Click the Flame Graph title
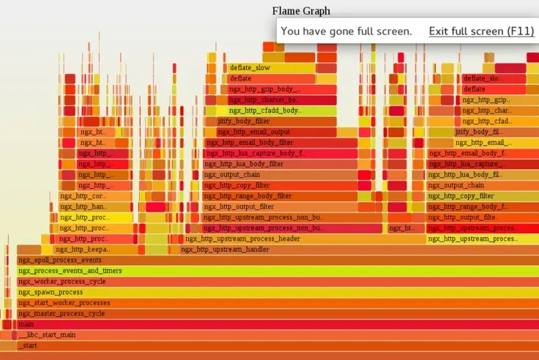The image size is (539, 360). [301, 11]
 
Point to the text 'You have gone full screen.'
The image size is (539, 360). [346, 31]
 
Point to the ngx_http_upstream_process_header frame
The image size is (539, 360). [242, 239]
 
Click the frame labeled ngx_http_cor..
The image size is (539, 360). [82, 196]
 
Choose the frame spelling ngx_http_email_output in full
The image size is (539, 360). [253, 132]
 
